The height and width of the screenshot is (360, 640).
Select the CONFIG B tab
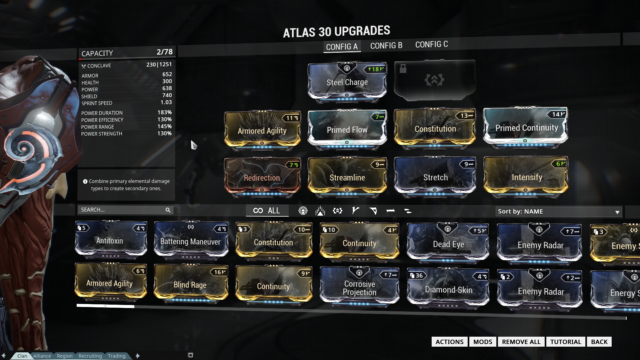pyautogui.click(x=386, y=46)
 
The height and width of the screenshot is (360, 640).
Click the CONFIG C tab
pyautogui.click(x=431, y=44)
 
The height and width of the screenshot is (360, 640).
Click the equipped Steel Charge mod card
pyautogui.click(x=347, y=82)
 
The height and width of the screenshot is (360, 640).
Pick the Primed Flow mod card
pyautogui.click(x=347, y=130)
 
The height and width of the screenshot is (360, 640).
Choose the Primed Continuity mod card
pyautogui.click(x=526, y=128)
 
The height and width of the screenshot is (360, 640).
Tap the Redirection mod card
pyautogui.click(x=262, y=178)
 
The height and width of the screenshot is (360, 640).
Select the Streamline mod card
pyautogui.click(x=347, y=178)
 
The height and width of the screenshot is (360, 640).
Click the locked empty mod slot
pyautogui.click(x=434, y=80)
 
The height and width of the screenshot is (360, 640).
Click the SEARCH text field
pyautogui.click(x=122, y=210)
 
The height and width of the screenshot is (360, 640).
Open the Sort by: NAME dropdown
pyautogui.click(x=558, y=212)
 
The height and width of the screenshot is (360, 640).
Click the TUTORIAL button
pyautogui.click(x=565, y=342)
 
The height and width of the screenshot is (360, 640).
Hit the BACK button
pyautogui.click(x=599, y=342)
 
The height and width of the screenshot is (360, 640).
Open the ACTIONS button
pyautogui.click(x=449, y=342)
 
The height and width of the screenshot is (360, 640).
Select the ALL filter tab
pyautogui.click(x=267, y=211)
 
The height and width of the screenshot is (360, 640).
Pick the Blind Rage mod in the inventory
pyautogui.click(x=190, y=285)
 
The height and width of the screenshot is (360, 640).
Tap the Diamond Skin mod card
pyautogui.click(x=448, y=289)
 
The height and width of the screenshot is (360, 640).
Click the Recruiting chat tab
pyautogui.click(x=90, y=356)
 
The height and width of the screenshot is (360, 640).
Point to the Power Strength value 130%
pyautogui.click(x=164, y=133)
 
